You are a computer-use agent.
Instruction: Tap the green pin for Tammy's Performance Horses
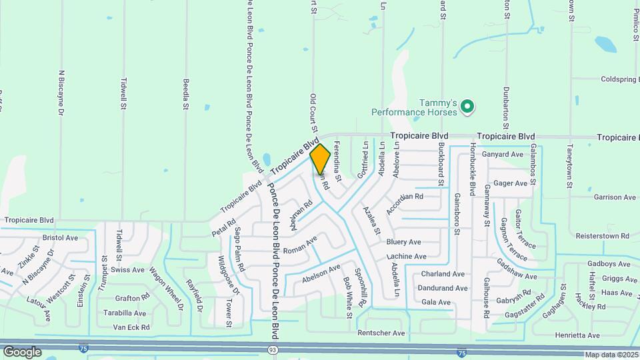pyautogui.click(x=467, y=105)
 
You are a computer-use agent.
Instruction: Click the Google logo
pyautogui.click(x=22, y=351)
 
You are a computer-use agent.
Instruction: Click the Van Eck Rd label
pyautogui.click(x=131, y=327)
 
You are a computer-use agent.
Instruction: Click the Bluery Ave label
pyautogui.click(x=403, y=242)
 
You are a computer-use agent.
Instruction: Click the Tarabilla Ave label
pyautogui.click(x=125, y=313)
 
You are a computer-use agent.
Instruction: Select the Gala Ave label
pyautogui.click(x=436, y=302)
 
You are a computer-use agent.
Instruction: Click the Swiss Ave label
pyautogui.click(x=127, y=270)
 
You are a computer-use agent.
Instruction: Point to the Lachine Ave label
pyautogui.click(x=406, y=257)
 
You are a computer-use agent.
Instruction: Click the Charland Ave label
pyautogui.click(x=442, y=274)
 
